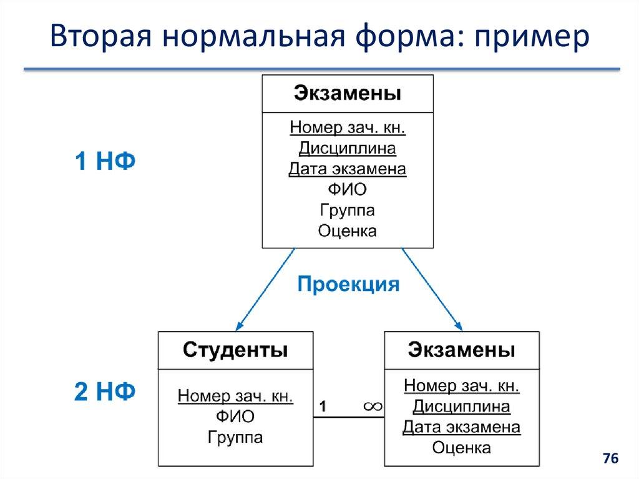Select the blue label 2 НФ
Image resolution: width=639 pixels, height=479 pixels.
tap(105, 392)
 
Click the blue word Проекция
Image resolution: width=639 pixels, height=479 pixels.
tap(348, 284)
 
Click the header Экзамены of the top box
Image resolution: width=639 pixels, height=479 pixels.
tap(348, 94)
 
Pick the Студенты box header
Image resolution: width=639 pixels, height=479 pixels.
tap(235, 350)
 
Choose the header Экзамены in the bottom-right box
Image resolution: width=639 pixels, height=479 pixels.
tap(461, 350)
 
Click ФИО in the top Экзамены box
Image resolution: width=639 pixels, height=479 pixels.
tap(347, 189)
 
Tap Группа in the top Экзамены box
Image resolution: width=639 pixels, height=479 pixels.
tap(347, 210)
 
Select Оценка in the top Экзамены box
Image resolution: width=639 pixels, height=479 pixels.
tap(347, 230)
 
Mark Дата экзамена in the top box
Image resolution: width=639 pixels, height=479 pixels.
tap(347, 169)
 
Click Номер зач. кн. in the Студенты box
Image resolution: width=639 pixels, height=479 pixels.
tap(235, 396)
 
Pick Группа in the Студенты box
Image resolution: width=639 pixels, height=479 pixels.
tap(235, 437)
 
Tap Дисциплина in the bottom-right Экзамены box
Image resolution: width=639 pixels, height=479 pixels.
tap(461, 407)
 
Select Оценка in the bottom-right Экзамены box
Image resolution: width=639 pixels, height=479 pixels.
tap(461, 447)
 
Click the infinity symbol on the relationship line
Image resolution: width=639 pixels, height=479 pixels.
tap(373, 407)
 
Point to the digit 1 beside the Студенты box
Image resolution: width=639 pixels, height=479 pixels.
tap(323, 407)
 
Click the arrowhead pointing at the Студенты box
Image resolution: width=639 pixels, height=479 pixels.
tap(238, 327)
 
